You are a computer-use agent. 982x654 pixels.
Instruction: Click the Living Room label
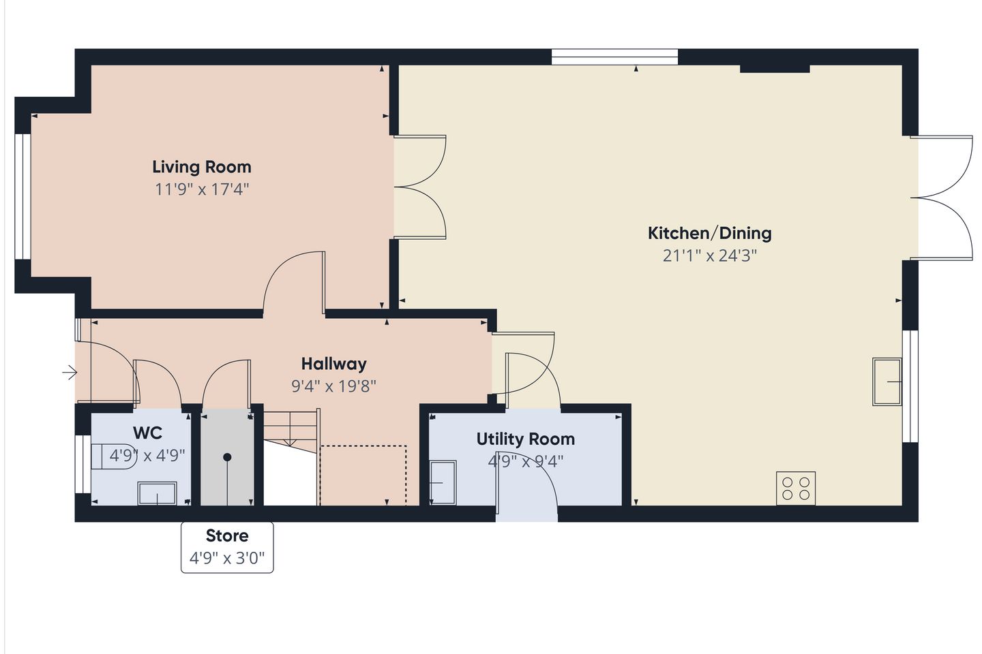point(202,168)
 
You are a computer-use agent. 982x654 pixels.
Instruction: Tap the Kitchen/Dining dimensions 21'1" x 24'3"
point(710,255)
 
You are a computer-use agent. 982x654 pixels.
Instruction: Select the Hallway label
point(334,364)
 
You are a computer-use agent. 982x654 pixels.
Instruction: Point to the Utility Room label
point(526,439)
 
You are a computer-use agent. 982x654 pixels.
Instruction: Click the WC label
point(148,433)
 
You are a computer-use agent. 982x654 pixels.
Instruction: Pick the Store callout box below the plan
point(227,547)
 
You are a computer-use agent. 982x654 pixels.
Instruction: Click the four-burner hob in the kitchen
point(796,488)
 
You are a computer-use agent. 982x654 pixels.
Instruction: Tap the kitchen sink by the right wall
point(887,381)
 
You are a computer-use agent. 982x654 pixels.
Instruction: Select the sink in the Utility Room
point(443,482)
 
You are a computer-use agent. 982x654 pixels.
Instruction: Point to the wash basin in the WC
point(158,493)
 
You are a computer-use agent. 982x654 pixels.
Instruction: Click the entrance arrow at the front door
point(70,373)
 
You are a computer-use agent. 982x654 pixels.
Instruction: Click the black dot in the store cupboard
point(227,457)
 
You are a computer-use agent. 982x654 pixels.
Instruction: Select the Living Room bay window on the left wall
point(23,196)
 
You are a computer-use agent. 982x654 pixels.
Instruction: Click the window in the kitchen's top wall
point(614,57)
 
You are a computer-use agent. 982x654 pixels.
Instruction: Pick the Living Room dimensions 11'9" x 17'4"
point(202,189)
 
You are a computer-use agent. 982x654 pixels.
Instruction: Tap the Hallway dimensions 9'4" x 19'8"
point(334,386)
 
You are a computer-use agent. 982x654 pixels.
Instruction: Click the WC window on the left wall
point(83,464)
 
